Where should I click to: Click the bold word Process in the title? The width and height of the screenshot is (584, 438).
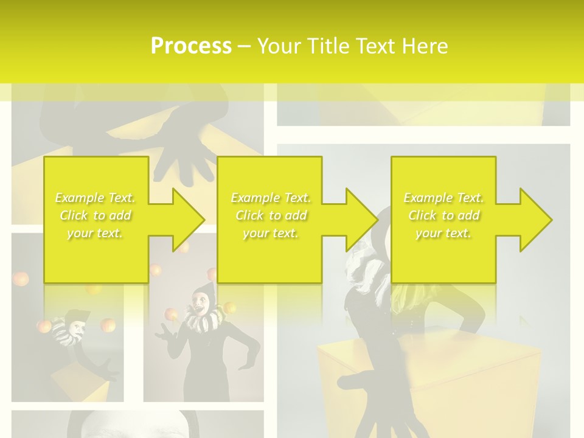(x=191, y=46)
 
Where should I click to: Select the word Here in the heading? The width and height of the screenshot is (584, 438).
(x=425, y=46)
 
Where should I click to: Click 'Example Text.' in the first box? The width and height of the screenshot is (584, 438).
(x=96, y=198)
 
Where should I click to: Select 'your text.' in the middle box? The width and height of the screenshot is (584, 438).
(x=270, y=234)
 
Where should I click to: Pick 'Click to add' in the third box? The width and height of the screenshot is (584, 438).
(x=443, y=215)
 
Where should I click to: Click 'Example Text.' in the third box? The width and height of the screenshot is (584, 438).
(x=443, y=198)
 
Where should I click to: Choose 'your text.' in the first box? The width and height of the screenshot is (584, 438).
(x=96, y=234)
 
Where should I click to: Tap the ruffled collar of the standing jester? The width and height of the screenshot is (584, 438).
(x=203, y=319)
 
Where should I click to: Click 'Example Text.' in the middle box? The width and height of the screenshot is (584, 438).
(x=270, y=198)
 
